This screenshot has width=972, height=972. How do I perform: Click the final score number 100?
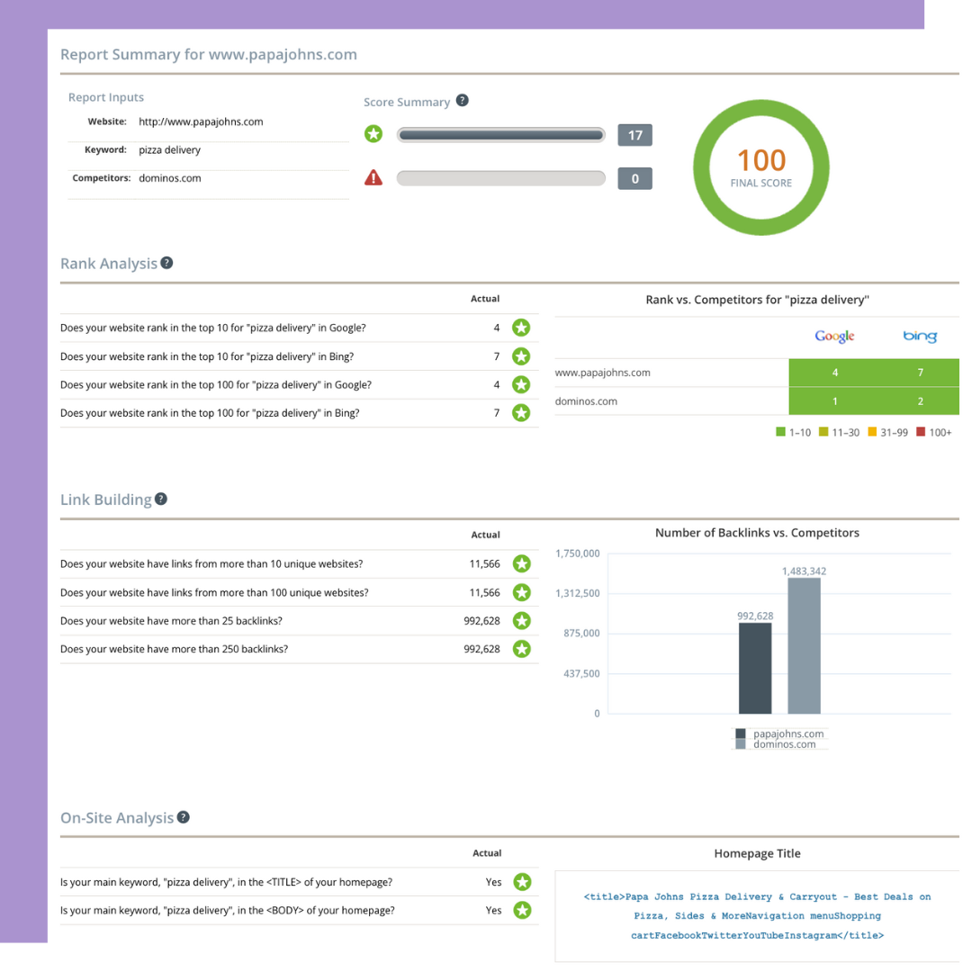(x=761, y=160)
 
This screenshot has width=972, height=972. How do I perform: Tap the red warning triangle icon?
(x=373, y=177)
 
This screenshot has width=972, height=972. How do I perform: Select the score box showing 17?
(x=634, y=135)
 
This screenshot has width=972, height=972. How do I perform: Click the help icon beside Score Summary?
(x=462, y=101)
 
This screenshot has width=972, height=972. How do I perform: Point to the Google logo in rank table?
(x=834, y=336)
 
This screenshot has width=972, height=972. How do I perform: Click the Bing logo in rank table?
(x=919, y=336)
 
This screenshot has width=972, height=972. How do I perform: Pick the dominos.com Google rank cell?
(x=834, y=401)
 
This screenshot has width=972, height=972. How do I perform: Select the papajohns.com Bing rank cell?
(x=919, y=373)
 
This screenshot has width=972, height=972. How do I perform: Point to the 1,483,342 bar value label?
(x=804, y=571)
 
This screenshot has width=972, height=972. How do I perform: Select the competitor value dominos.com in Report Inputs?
(x=170, y=178)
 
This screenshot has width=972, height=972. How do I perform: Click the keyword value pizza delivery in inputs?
(x=169, y=150)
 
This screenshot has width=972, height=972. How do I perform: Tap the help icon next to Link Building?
(x=161, y=499)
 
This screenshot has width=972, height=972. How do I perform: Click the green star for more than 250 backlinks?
(x=521, y=649)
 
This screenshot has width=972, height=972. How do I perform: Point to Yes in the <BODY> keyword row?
(x=493, y=911)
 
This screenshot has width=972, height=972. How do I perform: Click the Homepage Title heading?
(x=757, y=853)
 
